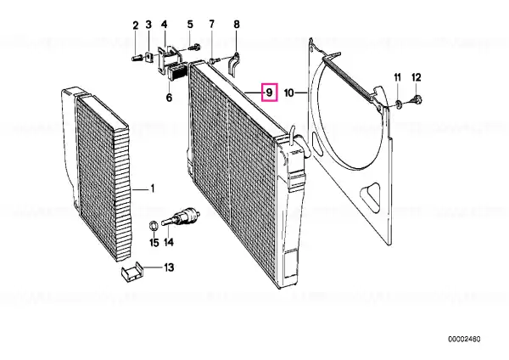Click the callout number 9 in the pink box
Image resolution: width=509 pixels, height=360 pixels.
(x=269, y=93)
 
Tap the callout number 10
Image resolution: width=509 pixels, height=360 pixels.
(x=289, y=93)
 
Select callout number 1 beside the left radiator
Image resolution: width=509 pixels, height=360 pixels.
(x=152, y=188)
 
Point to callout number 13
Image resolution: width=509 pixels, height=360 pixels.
(x=169, y=267)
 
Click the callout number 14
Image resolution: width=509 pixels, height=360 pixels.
(x=169, y=242)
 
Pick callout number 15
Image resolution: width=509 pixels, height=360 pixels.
(x=154, y=242)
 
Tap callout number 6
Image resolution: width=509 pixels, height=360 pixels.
(x=169, y=97)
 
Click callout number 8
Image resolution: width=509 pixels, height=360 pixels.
(x=237, y=24)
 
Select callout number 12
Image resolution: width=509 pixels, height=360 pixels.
(x=417, y=77)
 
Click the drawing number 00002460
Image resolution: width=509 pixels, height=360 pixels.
(x=464, y=340)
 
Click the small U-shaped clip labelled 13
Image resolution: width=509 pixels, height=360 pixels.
(x=132, y=272)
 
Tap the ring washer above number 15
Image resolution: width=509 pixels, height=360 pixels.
(x=154, y=225)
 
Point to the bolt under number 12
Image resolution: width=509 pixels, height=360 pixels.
(x=417, y=99)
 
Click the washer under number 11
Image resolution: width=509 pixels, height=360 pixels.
(x=399, y=104)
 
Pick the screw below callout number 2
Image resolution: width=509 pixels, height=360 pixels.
(x=137, y=59)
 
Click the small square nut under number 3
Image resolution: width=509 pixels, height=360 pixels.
(x=149, y=57)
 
